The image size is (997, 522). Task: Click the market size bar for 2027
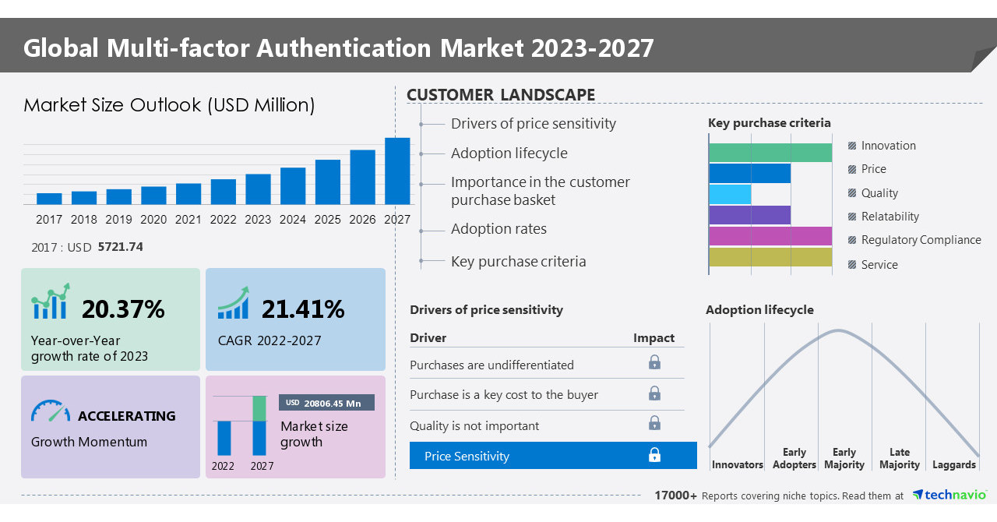(397, 171)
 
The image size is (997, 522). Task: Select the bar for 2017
(49, 198)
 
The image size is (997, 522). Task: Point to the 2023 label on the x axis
(258, 220)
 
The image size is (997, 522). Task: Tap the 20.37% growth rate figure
(123, 309)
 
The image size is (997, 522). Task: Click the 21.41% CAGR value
(302, 309)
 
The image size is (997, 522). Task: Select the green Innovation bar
(770, 153)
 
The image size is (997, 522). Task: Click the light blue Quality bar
(730, 194)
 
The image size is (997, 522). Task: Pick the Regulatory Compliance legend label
(921, 240)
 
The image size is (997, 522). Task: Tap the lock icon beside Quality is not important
(654, 423)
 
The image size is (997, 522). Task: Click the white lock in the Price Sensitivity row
(654, 455)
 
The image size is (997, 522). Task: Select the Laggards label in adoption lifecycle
(953, 464)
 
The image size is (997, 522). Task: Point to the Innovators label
(737, 464)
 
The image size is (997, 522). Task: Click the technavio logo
(949, 495)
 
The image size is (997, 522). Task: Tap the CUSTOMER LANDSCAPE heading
(501, 95)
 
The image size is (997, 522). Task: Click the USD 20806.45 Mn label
(326, 403)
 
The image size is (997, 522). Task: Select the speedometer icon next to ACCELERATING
(51, 411)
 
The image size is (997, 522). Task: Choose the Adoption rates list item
(498, 229)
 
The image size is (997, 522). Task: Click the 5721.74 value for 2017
(120, 247)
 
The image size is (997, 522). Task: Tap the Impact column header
(654, 338)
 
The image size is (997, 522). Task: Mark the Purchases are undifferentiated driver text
(491, 365)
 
